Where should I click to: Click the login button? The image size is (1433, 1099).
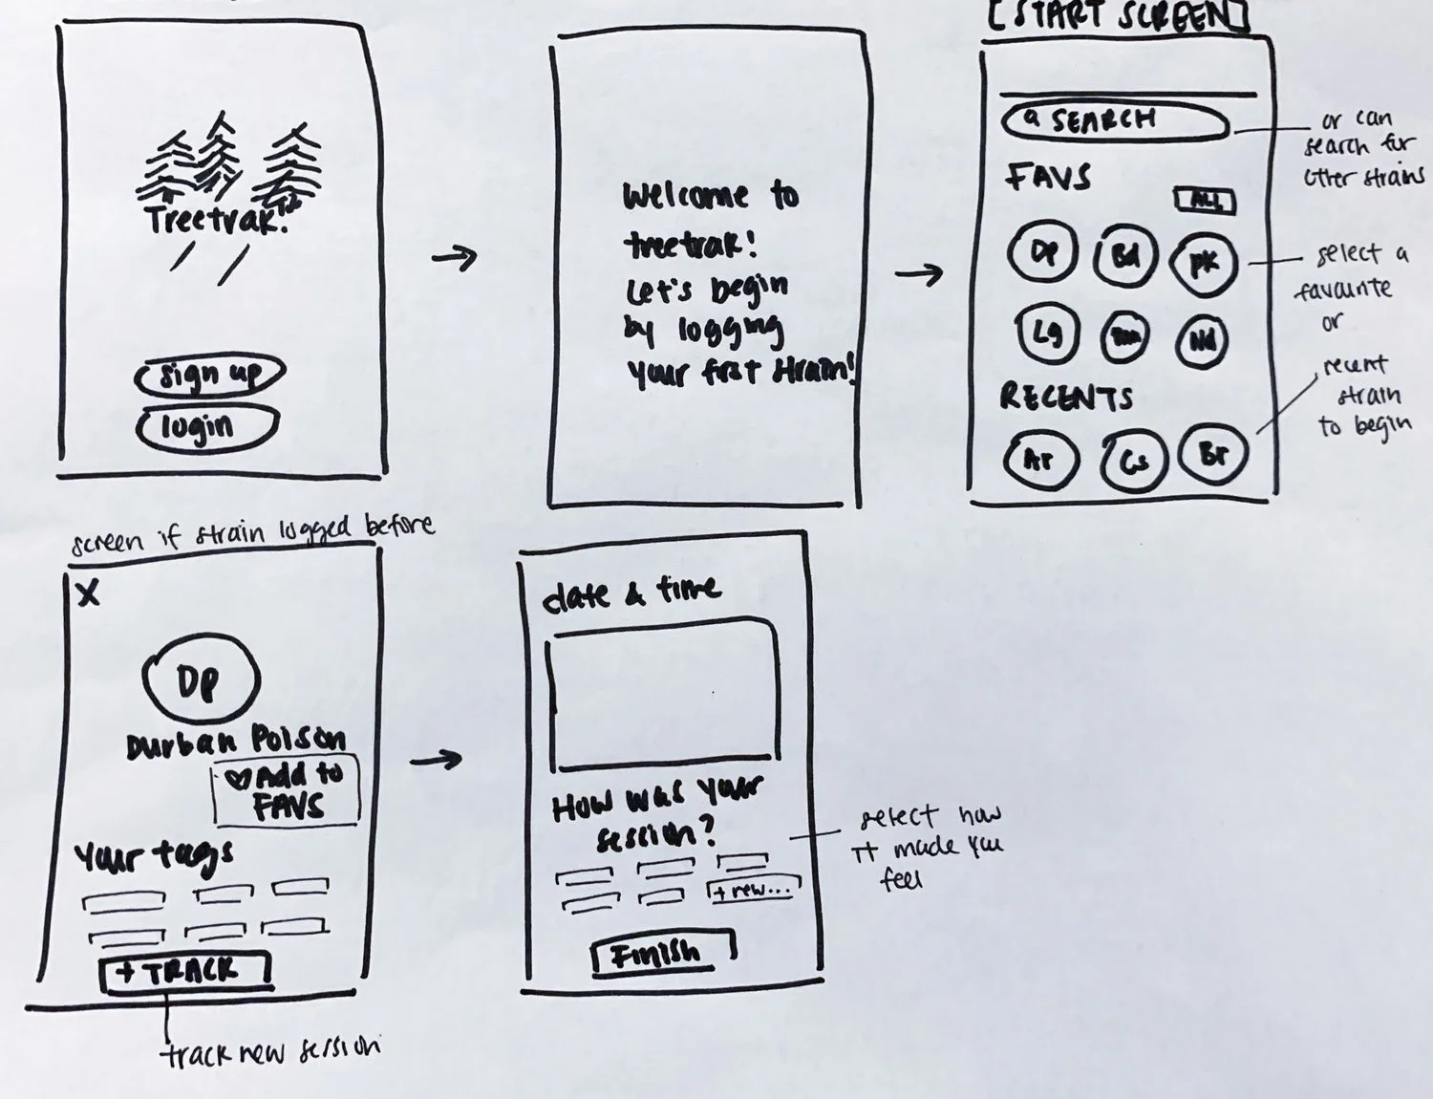(205, 426)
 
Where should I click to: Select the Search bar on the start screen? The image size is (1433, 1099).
(1114, 121)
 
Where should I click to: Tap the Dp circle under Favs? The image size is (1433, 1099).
(1043, 252)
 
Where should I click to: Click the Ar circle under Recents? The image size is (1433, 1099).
(1040, 460)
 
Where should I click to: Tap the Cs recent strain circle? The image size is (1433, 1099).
(1133, 463)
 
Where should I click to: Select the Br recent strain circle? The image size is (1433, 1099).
(1213, 453)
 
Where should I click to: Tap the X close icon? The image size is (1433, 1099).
(88, 593)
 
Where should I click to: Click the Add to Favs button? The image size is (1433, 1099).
(286, 790)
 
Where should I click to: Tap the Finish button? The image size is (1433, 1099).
(662, 953)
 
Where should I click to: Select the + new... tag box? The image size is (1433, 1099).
(753, 890)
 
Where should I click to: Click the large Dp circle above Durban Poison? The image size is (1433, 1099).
(200, 679)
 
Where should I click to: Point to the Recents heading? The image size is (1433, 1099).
(1066, 397)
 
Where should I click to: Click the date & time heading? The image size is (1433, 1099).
(631, 593)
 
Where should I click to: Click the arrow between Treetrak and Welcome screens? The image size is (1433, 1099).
(455, 256)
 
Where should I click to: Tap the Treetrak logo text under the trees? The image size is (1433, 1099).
(216, 219)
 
